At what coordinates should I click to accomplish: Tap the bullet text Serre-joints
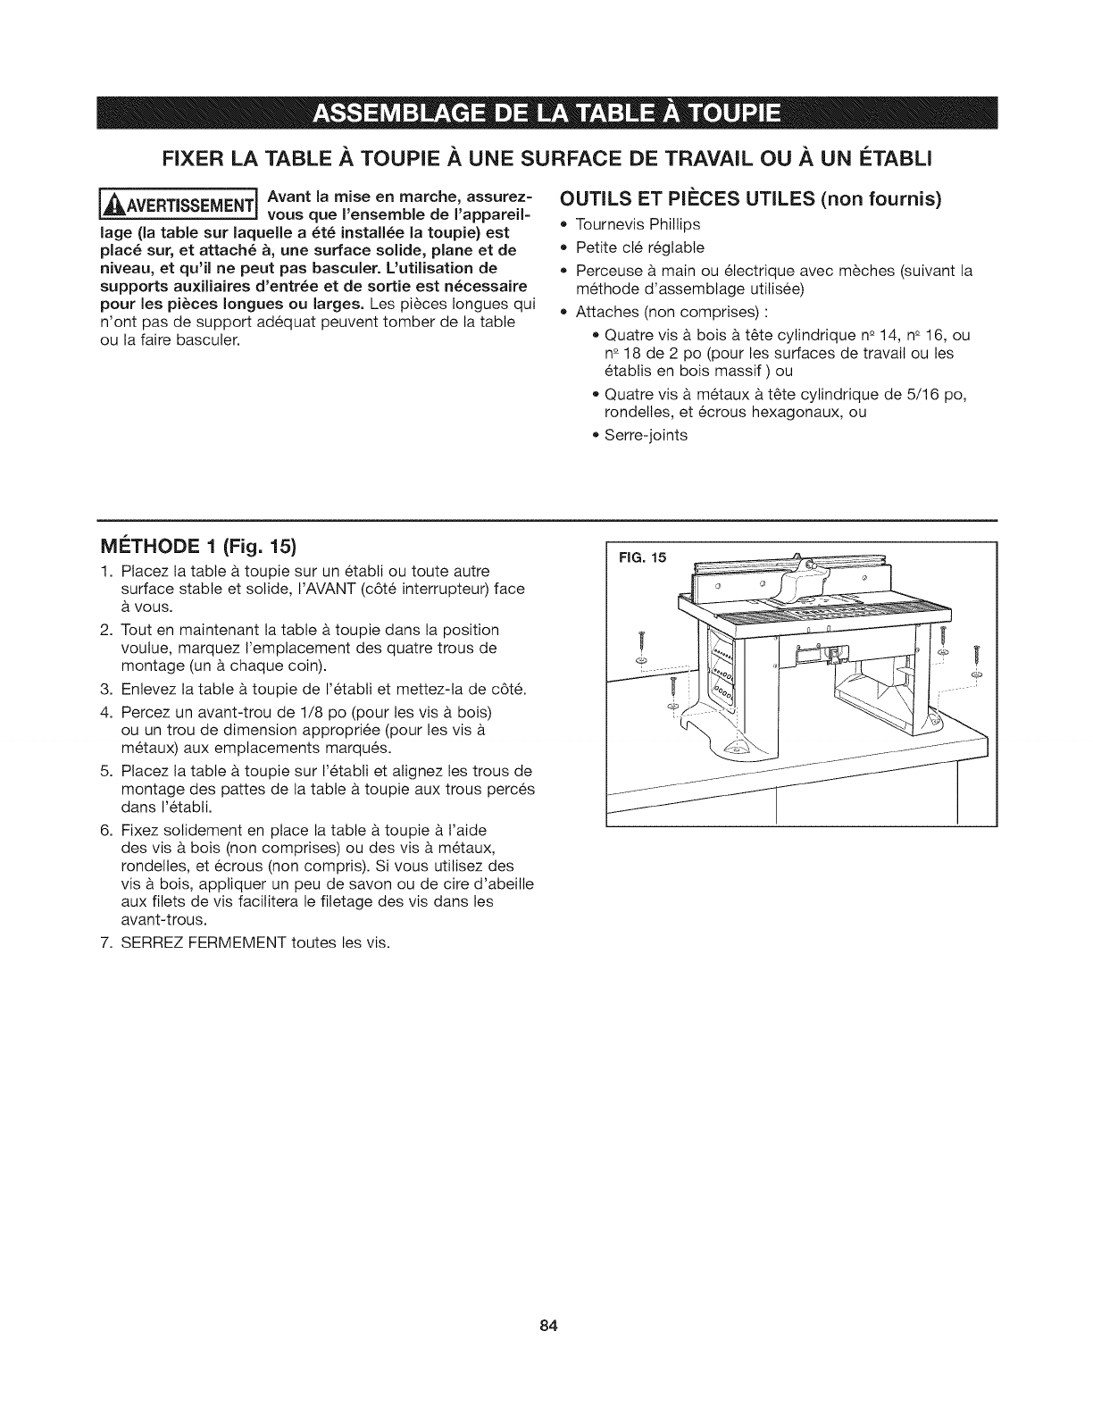tap(646, 435)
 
